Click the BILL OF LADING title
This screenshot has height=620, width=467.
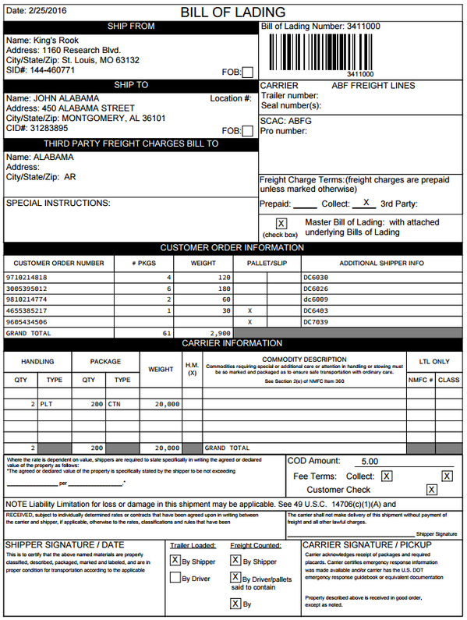pos(232,12)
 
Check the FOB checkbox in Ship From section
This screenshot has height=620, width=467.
pos(247,73)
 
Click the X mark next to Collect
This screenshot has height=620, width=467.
pos(365,203)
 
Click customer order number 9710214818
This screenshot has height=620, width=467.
pos(27,278)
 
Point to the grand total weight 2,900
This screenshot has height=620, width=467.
pos(221,333)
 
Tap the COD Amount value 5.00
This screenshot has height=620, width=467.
pos(370,462)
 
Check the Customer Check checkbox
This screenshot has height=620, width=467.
pos(431,490)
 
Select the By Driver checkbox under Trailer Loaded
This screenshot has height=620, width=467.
pos(175,579)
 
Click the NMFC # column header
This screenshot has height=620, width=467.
pos(420,380)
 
